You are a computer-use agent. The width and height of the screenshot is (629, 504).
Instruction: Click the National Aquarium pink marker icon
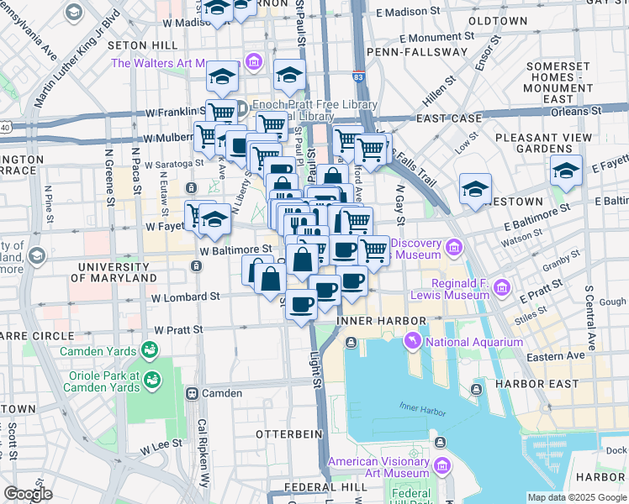pos(413,341)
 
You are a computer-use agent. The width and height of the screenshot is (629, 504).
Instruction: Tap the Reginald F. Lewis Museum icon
pos(502,288)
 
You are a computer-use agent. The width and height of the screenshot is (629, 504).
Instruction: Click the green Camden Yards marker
pos(150,348)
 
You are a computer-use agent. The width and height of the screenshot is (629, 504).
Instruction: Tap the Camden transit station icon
pos(193,393)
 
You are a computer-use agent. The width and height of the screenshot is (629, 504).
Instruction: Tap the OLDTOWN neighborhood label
pos(498,20)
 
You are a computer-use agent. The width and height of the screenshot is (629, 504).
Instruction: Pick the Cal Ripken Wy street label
pos(203,453)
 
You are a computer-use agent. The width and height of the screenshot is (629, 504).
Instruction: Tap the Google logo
pos(27,494)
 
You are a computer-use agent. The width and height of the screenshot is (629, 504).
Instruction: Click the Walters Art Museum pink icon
pos(253,62)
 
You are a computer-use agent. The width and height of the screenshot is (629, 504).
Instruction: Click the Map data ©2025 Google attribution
pos(577,497)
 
